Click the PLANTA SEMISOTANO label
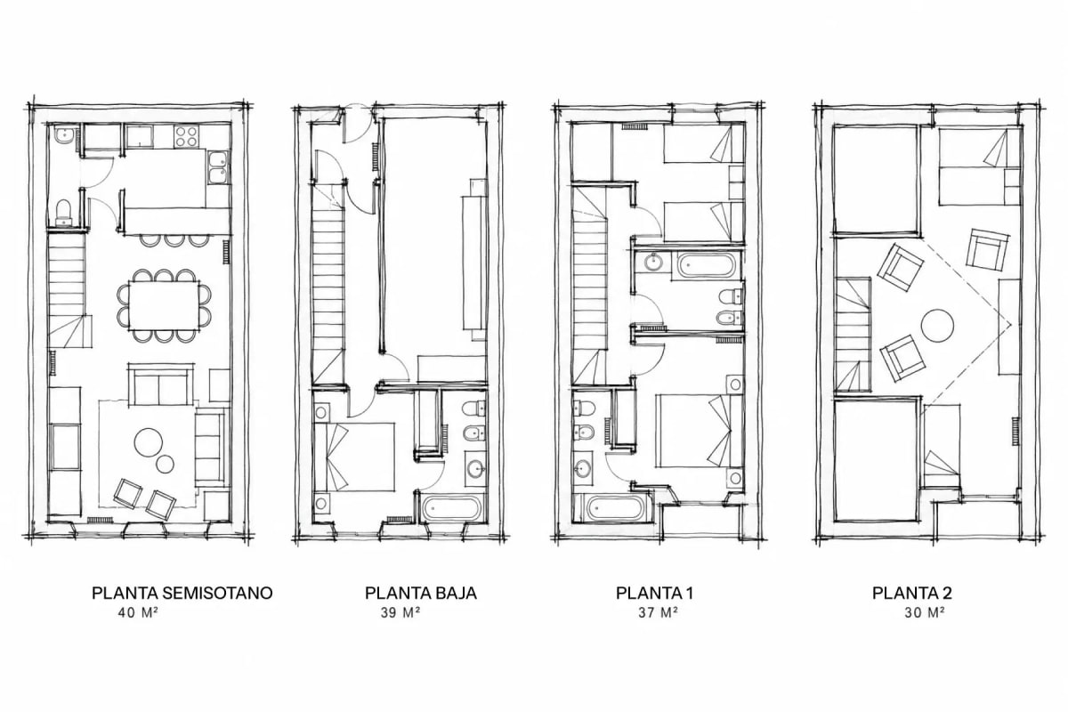coord(182,593)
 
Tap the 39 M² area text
coord(400,612)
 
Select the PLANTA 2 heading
coord(912,593)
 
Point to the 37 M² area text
coord(658,612)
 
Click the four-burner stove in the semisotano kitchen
coord(186,135)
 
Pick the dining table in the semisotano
coord(164,305)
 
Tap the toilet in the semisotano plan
coord(63,213)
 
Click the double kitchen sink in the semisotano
coord(218,167)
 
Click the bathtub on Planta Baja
coord(451,508)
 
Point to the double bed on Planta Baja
coord(361,457)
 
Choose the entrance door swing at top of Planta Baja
coord(359,125)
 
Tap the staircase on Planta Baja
coord(328,285)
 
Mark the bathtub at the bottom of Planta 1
coord(616,508)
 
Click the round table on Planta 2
coord(937,325)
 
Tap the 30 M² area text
coord(925,612)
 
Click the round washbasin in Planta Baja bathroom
coord(476,468)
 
